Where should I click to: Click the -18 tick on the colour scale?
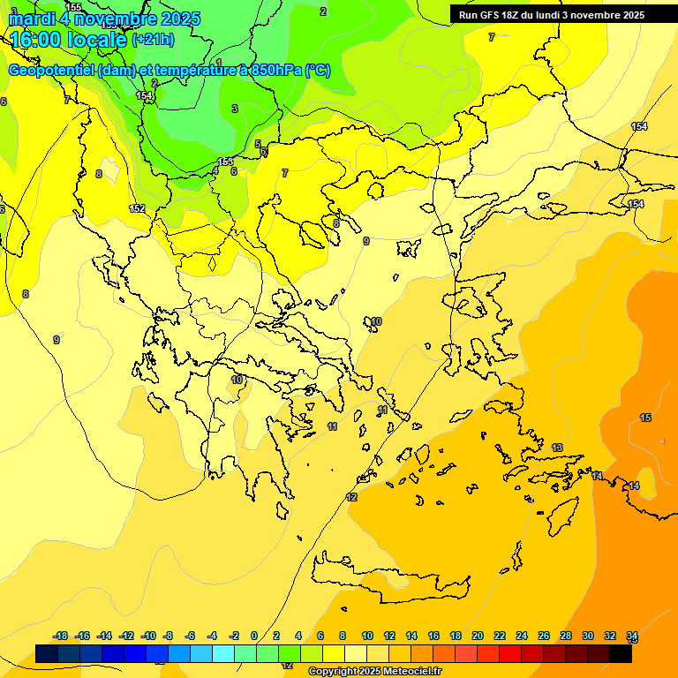click(61, 636)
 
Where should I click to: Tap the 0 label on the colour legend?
click(254, 636)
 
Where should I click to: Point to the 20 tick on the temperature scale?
click(478, 636)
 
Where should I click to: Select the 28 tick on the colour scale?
click(566, 636)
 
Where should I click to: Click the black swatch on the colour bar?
click(621, 654)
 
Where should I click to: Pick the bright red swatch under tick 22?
click(510, 654)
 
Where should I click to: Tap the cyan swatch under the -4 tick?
click(223, 654)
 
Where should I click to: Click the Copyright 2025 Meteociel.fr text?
click(374, 671)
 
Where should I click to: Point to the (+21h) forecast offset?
click(153, 40)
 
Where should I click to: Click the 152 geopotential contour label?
click(137, 208)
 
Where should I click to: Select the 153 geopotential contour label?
click(226, 162)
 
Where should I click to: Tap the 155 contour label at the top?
click(73, 7)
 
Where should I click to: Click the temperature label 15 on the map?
click(645, 418)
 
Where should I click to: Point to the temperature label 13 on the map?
click(557, 448)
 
